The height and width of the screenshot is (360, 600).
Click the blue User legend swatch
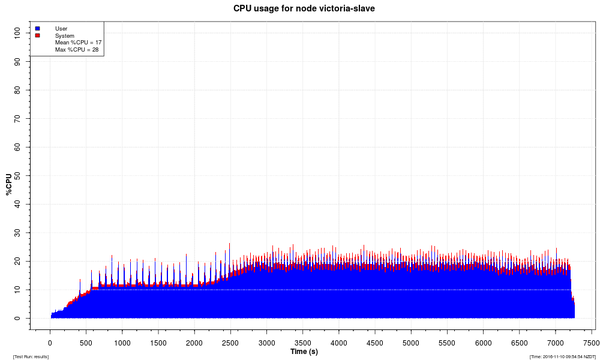click(x=38, y=28)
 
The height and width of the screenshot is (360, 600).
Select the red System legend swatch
click(x=38, y=35)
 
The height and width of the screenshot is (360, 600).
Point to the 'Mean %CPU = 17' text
click(x=78, y=43)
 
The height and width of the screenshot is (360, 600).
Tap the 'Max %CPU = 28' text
click(x=77, y=50)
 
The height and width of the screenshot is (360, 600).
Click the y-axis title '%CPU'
click(x=8, y=185)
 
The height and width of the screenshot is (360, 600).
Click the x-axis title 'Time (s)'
click(x=304, y=352)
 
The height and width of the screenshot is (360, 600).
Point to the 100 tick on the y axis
click(x=17, y=32)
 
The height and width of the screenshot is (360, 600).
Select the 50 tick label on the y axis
click(x=17, y=175)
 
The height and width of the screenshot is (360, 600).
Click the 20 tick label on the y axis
click(x=17, y=261)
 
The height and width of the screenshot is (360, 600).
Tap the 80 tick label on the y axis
click(x=17, y=89)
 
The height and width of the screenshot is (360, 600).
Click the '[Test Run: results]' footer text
click(x=31, y=357)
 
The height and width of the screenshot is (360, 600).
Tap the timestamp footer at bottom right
click(x=563, y=357)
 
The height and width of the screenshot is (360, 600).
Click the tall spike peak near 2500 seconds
click(x=229, y=244)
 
